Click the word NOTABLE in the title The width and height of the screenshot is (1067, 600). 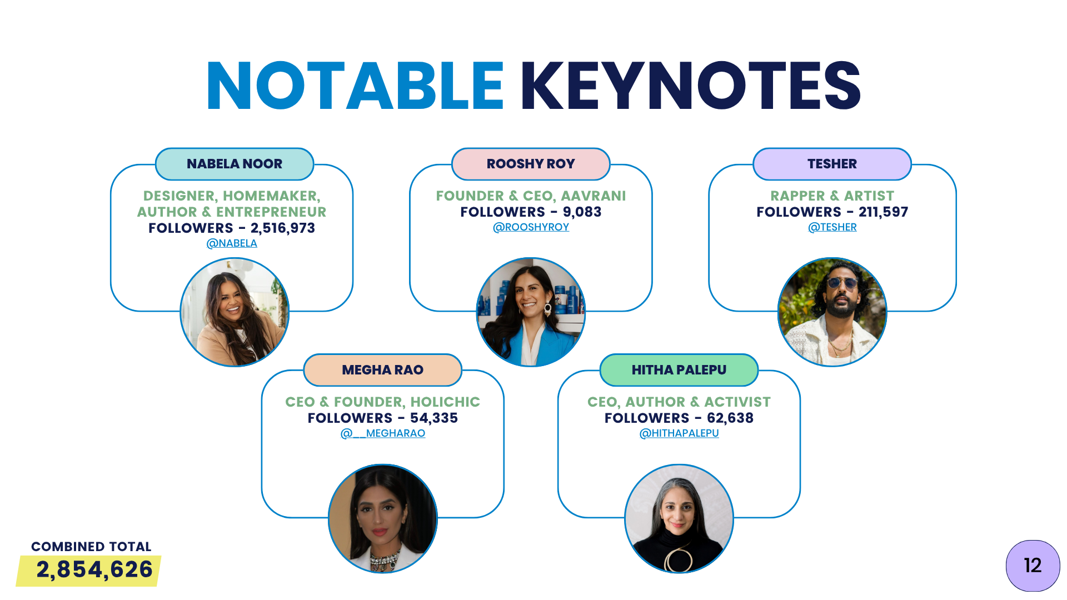tap(355, 86)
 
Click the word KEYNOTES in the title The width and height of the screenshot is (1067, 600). tap(690, 86)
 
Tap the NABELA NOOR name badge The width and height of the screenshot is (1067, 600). tap(235, 164)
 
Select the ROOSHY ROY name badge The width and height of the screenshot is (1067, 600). tap(531, 164)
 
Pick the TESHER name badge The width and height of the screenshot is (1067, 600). tap(832, 164)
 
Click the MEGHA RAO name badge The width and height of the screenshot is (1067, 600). tap(383, 370)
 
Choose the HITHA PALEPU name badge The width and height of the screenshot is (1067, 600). tap(679, 370)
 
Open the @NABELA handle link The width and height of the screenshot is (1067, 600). tap(232, 243)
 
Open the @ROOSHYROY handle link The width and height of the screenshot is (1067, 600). tap(531, 227)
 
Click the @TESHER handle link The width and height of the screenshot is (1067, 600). tap(832, 227)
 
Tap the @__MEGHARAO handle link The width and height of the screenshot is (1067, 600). tap(383, 433)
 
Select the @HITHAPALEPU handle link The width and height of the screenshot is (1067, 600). tap(679, 433)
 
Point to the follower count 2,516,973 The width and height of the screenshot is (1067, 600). tap(283, 228)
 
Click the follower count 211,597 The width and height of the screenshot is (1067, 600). tap(883, 212)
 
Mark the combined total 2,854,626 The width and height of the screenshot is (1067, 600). tap(94, 570)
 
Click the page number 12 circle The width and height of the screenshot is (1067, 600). tap(1033, 566)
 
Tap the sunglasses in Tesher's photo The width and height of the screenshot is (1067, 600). tap(841, 283)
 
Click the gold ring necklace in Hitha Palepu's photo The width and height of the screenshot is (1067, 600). tap(679, 560)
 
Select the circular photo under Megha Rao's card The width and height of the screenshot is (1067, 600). tap(383, 518)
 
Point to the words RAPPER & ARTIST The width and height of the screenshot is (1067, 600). tap(832, 196)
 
